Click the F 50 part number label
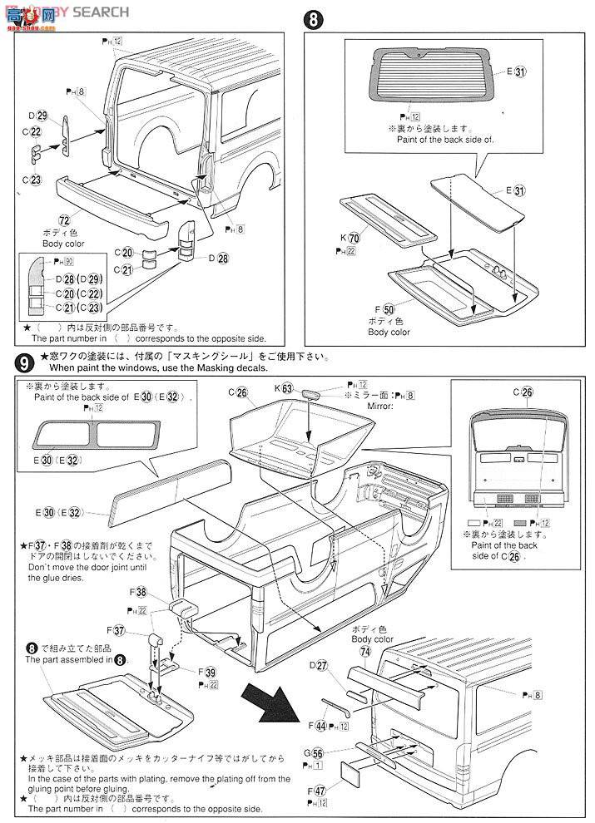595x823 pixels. [389, 309]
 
